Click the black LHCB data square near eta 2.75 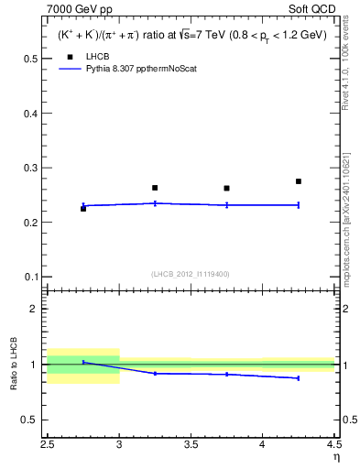tap(83, 209)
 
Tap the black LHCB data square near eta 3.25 tap(155, 188)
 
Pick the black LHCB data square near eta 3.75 tap(226, 189)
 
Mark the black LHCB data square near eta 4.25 tap(299, 181)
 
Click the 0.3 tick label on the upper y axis tap(31, 168)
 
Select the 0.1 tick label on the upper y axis tap(31, 277)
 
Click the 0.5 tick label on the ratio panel tap(31, 420)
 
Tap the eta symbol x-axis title tap(335, 456)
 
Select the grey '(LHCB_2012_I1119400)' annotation tap(190, 274)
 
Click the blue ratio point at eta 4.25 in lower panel tap(299, 378)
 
